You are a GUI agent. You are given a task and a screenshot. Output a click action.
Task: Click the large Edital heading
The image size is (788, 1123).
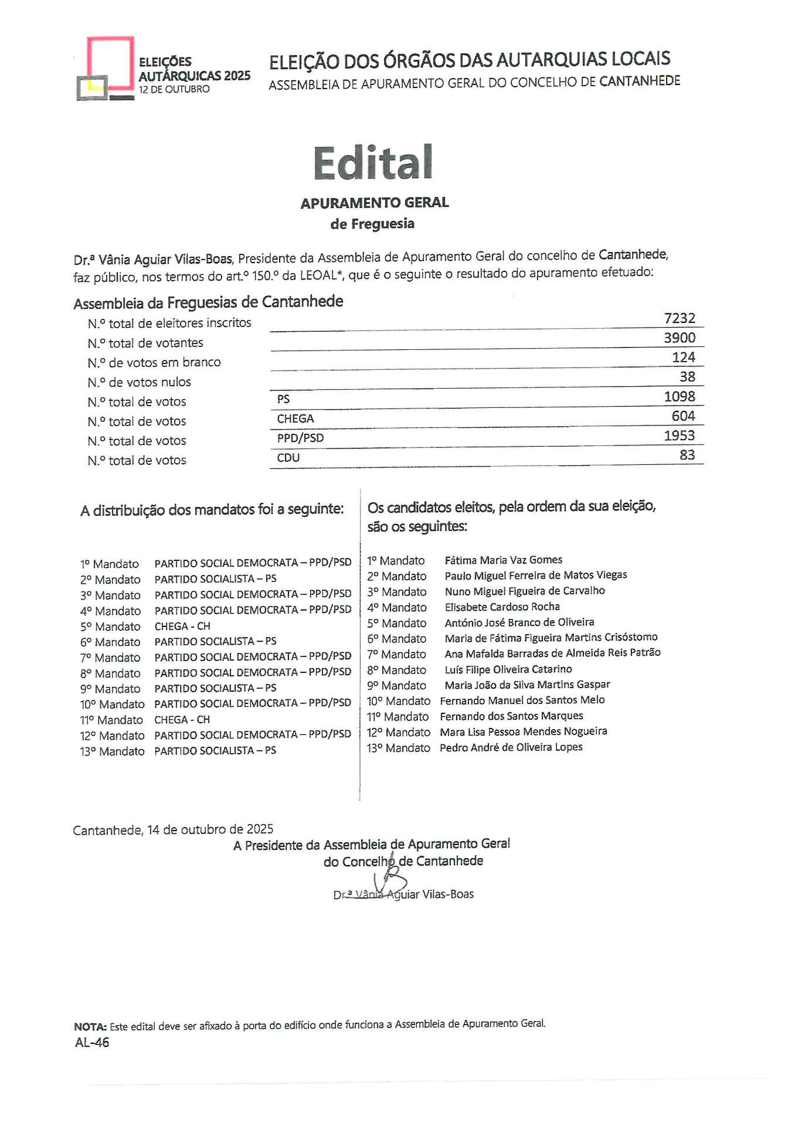(x=373, y=162)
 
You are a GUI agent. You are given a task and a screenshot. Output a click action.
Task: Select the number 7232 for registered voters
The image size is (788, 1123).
(x=680, y=318)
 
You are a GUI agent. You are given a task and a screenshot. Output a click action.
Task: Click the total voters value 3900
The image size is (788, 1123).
(x=680, y=338)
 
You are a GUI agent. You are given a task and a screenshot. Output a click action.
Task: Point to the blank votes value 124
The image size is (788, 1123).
(x=683, y=357)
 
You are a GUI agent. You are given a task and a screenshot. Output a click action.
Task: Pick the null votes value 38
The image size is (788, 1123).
(x=687, y=376)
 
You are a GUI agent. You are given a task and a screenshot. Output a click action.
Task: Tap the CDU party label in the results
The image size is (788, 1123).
(x=288, y=458)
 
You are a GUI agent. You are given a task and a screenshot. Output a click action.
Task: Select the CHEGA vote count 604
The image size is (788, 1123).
(x=683, y=416)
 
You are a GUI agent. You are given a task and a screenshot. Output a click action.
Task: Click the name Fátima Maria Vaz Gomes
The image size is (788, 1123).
(x=503, y=560)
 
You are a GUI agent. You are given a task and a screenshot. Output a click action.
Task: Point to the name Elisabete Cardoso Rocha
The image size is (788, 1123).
(x=502, y=607)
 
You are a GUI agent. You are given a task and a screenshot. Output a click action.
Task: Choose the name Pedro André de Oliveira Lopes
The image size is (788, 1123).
(x=511, y=747)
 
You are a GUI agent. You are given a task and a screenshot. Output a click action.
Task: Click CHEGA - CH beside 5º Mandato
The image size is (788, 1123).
(x=182, y=626)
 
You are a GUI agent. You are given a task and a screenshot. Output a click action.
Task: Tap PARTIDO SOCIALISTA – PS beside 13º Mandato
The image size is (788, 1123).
(x=215, y=750)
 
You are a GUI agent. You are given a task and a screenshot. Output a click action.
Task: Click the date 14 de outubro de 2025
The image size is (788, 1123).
(x=210, y=829)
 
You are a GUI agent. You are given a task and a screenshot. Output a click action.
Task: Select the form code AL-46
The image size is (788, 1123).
(x=92, y=1042)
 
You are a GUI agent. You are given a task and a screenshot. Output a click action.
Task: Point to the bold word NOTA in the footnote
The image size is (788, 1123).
(x=90, y=1026)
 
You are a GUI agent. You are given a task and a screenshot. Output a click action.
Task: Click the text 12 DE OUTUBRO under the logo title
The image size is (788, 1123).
(x=174, y=89)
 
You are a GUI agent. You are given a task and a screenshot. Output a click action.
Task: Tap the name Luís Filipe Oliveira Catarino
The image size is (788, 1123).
(x=508, y=669)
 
